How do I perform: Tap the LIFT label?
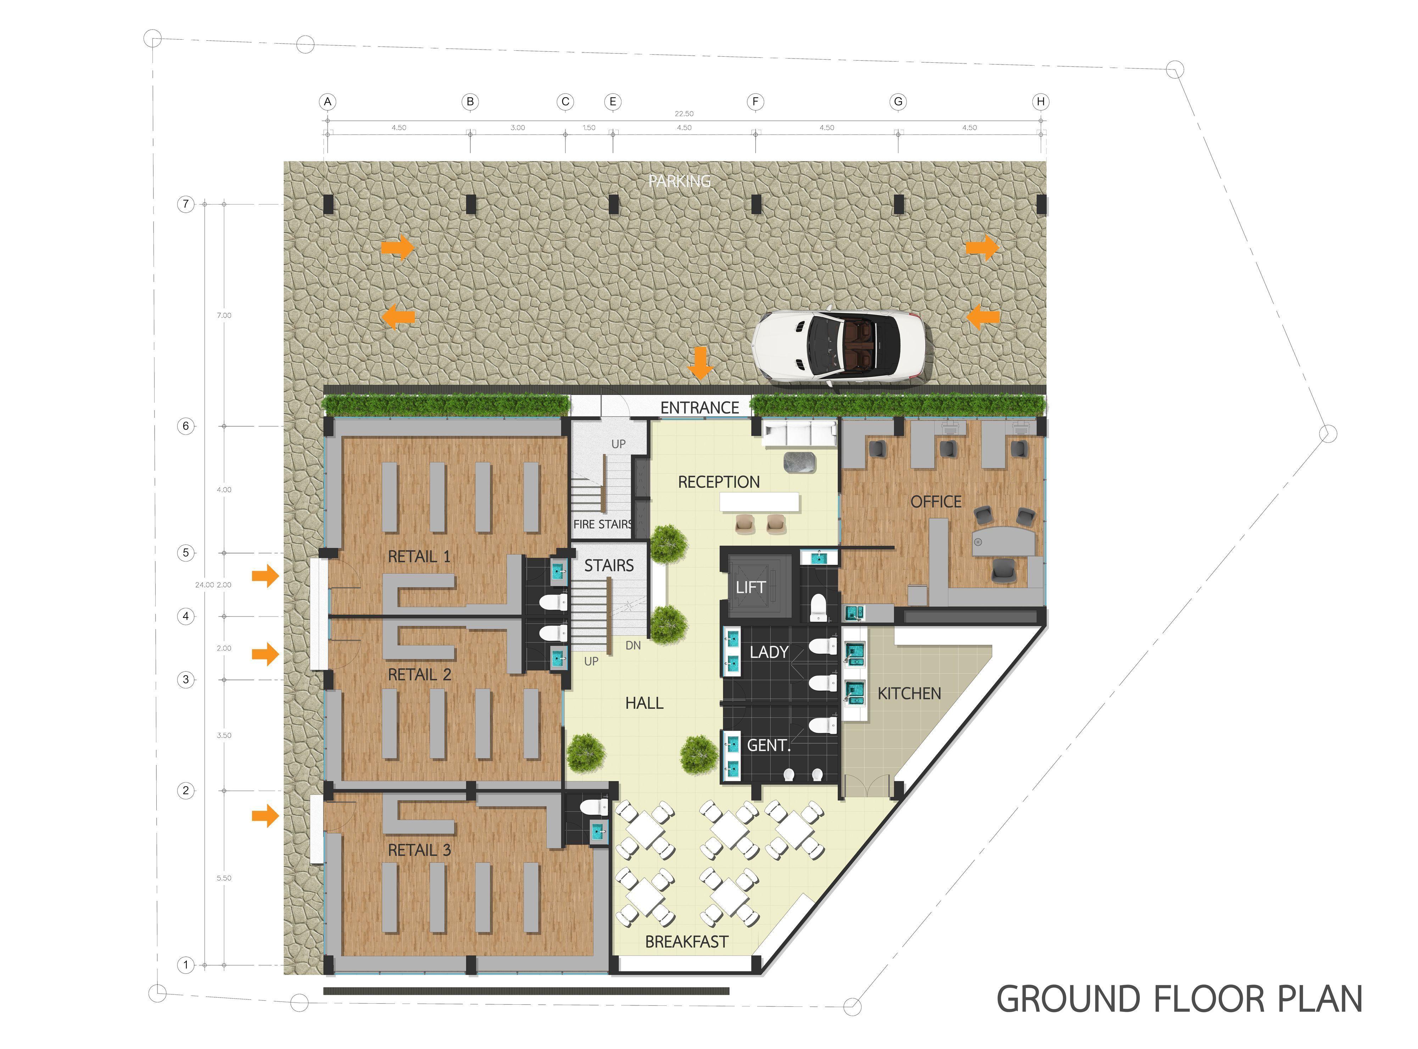[750, 587]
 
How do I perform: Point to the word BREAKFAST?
[686, 942]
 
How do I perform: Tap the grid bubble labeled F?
[755, 102]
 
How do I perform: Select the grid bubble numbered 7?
[185, 204]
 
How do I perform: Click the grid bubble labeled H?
[1040, 102]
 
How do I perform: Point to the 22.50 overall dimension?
[684, 114]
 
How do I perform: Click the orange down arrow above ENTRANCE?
[700, 363]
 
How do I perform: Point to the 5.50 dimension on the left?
[224, 878]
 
